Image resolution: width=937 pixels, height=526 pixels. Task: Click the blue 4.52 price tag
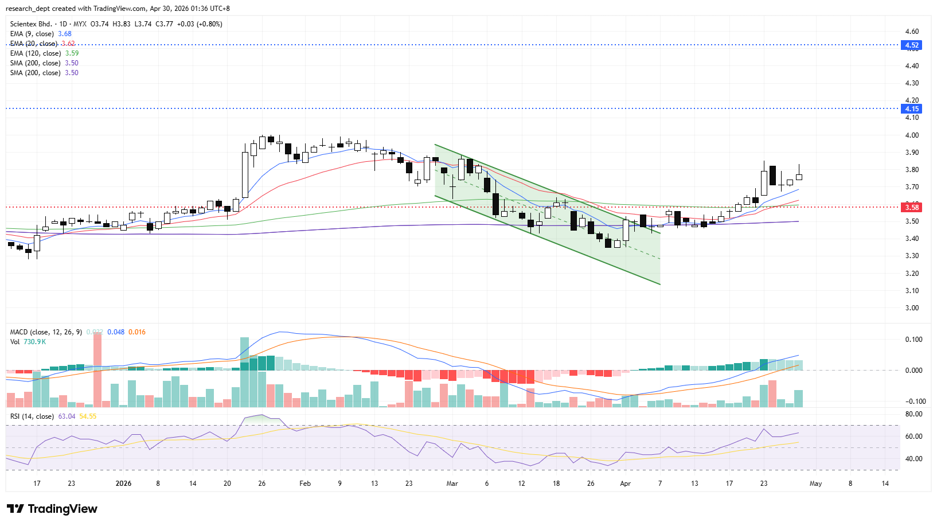[x=911, y=45]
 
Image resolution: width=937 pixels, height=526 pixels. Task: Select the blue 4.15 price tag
[x=911, y=109]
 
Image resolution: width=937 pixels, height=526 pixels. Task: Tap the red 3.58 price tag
[x=911, y=208]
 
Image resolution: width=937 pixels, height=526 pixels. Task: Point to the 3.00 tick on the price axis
[x=912, y=308]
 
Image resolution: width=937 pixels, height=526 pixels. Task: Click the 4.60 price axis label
[x=912, y=32]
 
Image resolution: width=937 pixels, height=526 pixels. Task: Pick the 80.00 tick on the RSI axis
[x=913, y=414]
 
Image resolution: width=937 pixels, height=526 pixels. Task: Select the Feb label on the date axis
[x=305, y=484]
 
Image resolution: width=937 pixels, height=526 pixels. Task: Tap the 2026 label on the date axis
[x=123, y=484]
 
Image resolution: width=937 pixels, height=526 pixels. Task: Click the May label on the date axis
[x=815, y=484]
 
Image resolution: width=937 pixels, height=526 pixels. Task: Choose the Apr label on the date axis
[x=625, y=484]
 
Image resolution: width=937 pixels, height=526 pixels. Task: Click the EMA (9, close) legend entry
[x=32, y=34]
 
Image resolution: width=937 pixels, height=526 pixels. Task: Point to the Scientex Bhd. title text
[x=31, y=24]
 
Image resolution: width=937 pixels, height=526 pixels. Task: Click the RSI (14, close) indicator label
[x=32, y=416]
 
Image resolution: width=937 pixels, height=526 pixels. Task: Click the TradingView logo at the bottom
[x=52, y=509]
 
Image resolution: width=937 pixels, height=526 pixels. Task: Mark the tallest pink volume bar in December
[x=97, y=369]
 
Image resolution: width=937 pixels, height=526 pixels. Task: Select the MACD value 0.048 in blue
[x=116, y=332]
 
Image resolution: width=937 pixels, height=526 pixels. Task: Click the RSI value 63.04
[x=67, y=416]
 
